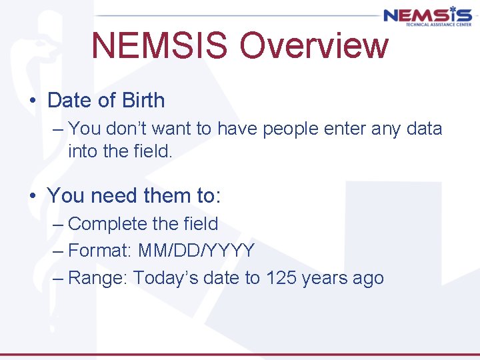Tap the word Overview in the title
tap(313, 45)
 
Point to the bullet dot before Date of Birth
tap(33, 101)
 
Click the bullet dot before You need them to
tap(33, 197)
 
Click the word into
tap(83, 151)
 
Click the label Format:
tap(100, 251)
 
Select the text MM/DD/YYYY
tap(197, 251)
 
